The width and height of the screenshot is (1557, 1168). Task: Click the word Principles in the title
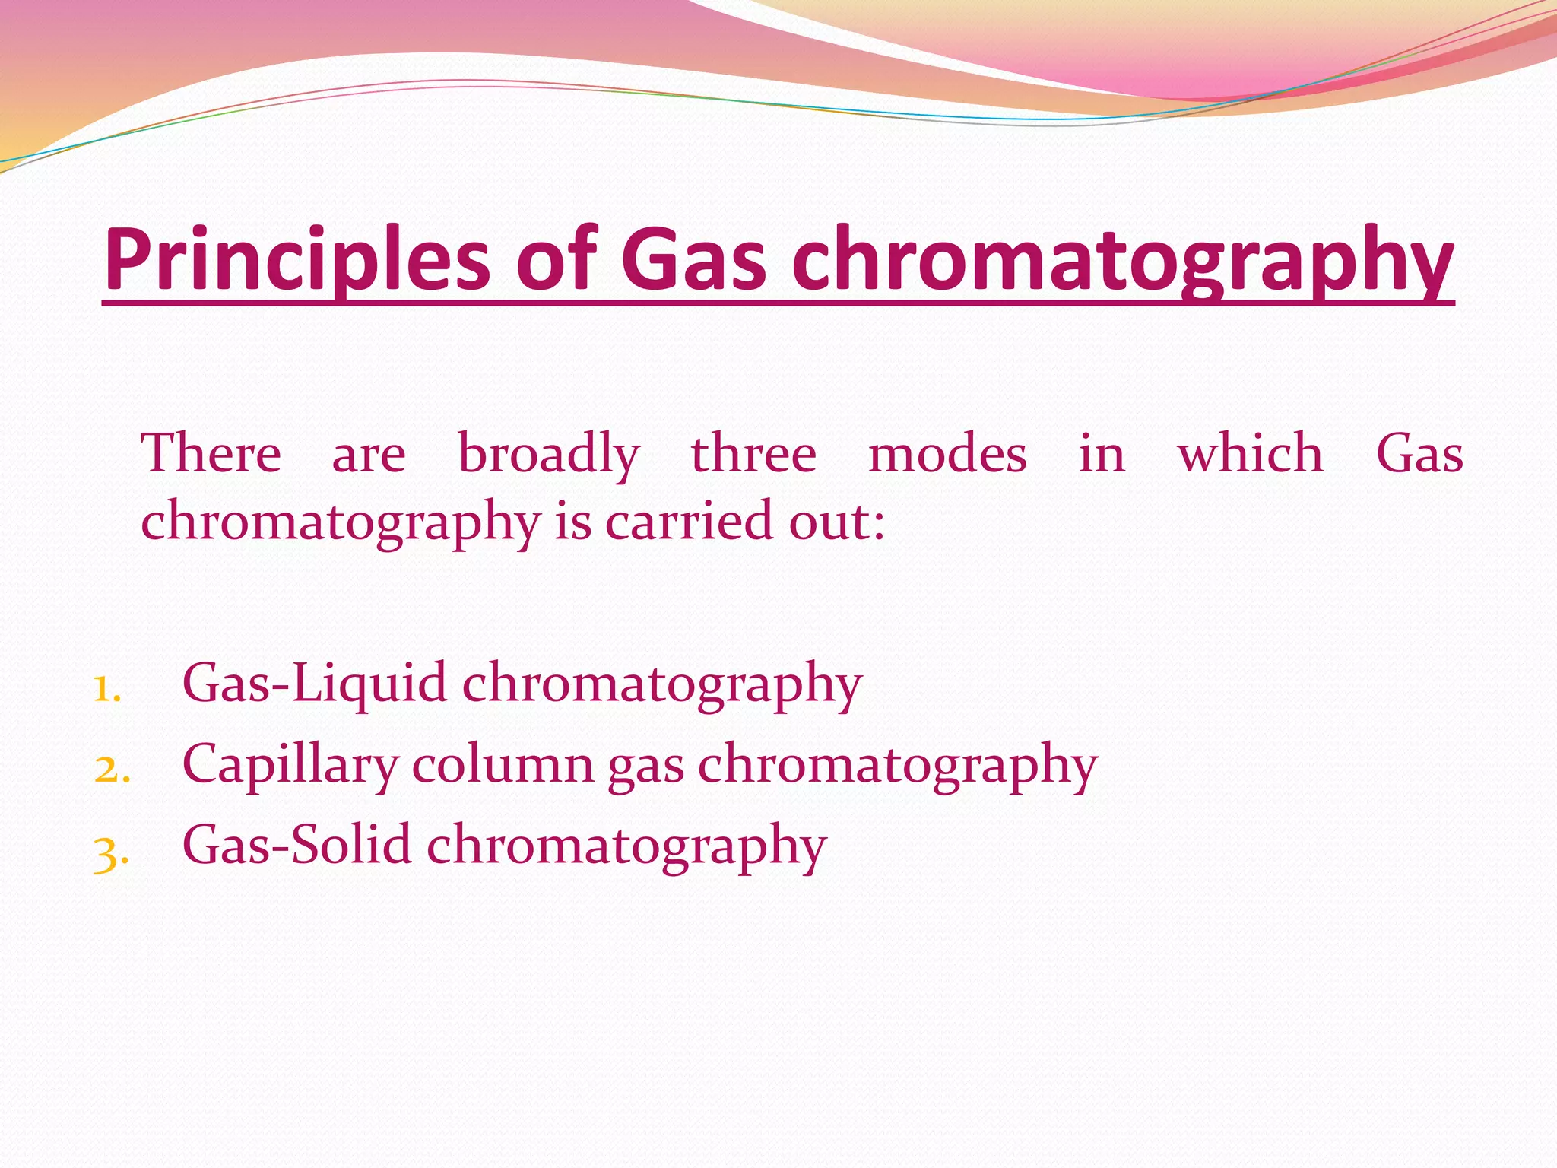coord(296,260)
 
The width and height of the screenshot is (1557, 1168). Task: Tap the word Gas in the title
coord(693,260)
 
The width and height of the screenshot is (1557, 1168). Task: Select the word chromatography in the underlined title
coord(1122,260)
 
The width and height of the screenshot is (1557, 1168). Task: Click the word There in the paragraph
coord(211,454)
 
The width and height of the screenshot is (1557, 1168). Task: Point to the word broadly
coord(549,454)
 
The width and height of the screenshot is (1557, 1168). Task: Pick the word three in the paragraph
coord(753,454)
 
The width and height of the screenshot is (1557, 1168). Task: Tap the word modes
coord(947,454)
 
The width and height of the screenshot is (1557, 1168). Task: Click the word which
coord(1251,454)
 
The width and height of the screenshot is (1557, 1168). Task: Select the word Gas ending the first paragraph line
coord(1419,454)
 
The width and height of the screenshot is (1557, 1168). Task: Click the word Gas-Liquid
coord(314,683)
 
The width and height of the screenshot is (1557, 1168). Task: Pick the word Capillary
coord(290,765)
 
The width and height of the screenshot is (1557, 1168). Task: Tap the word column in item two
coord(503,763)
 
